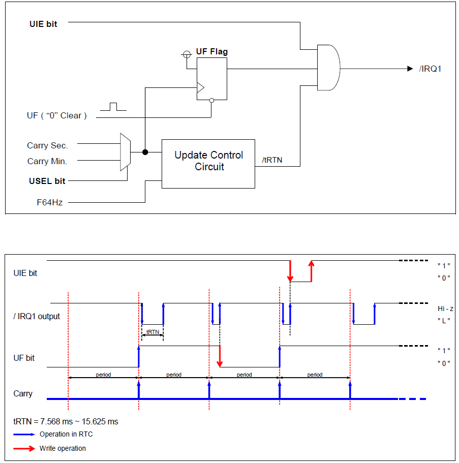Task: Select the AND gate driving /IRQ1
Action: click(328, 68)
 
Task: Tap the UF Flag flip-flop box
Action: click(212, 78)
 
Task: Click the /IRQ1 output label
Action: click(430, 69)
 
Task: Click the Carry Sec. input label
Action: click(47, 145)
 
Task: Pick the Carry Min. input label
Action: click(47, 161)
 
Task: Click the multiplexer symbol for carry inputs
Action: click(125, 152)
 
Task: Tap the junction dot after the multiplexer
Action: click(145, 152)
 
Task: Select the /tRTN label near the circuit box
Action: click(272, 160)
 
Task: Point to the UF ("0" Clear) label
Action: click(56, 116)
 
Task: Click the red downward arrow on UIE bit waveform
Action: click(290, 271)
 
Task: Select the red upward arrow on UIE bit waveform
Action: click(311, 271)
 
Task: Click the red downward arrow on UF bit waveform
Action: click(220, 356)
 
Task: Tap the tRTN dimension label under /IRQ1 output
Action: click(152, 332)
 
